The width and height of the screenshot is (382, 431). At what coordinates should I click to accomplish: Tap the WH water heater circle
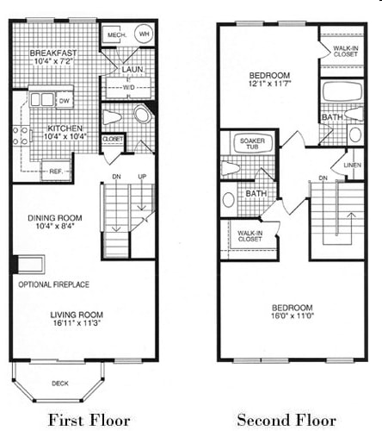[x=144, y=34]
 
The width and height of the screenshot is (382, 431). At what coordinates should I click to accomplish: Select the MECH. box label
[x=114, y=34]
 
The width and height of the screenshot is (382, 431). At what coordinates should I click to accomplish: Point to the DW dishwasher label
[x=64, y=101]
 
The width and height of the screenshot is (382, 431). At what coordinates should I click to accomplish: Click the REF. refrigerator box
[x=53, y=171]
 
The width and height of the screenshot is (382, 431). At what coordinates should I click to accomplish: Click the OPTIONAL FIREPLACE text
[x=53, y=284]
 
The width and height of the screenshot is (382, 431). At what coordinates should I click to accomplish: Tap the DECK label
[x=59, y=382]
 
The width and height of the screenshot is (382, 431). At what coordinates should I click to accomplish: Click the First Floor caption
[x=89, y=420]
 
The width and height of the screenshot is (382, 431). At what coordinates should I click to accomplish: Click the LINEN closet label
[x=351, y=164]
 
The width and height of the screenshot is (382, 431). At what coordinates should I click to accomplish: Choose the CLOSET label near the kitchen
[x=113, y=138]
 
